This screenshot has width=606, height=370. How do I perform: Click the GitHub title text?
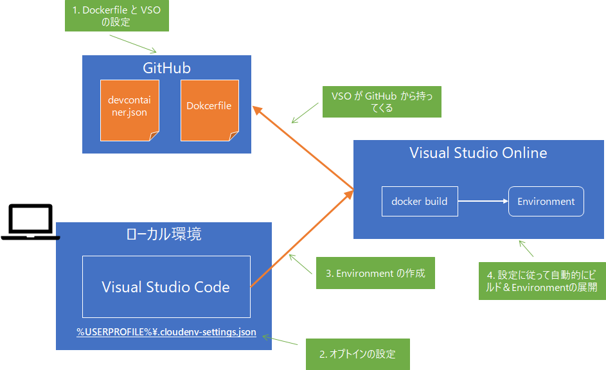166,68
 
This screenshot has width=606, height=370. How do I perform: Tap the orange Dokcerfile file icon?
209,110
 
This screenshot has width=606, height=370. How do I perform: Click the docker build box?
420,201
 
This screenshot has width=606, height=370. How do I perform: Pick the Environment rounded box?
546,201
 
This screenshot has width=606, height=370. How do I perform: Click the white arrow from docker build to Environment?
483,201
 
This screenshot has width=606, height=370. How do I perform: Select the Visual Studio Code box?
166,286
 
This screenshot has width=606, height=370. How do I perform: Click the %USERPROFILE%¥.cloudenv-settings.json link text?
166,332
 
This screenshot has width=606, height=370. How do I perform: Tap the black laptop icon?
30,222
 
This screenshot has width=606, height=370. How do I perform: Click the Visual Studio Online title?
478,153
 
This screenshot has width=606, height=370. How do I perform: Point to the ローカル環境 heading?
164,234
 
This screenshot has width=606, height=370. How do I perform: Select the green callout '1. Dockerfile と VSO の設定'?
116,16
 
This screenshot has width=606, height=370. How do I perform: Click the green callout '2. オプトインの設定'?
357,354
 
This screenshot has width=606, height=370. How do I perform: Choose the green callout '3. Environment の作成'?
375,273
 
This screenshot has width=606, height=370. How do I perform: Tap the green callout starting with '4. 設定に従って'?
542,281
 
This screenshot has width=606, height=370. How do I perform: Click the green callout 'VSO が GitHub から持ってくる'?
381,102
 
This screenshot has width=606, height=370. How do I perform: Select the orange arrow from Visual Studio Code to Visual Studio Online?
302,238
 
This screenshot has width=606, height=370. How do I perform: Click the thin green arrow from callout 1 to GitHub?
133,43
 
